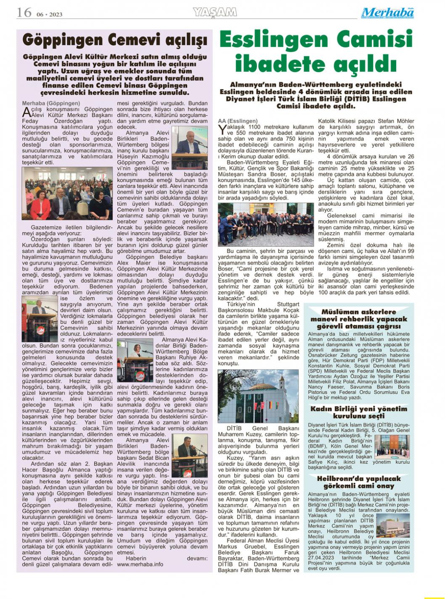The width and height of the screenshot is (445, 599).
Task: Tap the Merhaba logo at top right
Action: pos(387,13)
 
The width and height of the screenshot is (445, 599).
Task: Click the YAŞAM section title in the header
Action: pos(215,13)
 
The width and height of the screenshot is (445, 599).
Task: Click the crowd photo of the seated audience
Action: pos(67,193)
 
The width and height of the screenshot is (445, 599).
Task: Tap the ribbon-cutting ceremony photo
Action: pos(266,224)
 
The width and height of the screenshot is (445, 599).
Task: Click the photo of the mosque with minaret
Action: pos(258,396)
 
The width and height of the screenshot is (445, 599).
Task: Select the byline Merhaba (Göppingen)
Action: pos(51,103)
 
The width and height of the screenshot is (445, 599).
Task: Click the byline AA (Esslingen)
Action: pos(238,121)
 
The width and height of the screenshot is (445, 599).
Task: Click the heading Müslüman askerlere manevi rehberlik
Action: pos(359,319)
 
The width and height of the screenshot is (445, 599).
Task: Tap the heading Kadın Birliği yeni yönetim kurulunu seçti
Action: pos(359,412)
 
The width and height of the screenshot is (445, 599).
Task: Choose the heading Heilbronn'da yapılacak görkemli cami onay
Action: pos(359,482)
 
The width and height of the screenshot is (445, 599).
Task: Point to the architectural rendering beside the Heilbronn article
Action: pos(393,525)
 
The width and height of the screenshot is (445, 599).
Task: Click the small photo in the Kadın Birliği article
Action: pos(392,447)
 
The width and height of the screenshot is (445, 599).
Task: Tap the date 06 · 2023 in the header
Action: pos(49,14)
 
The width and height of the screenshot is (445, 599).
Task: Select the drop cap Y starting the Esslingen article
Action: pos(222,130)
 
